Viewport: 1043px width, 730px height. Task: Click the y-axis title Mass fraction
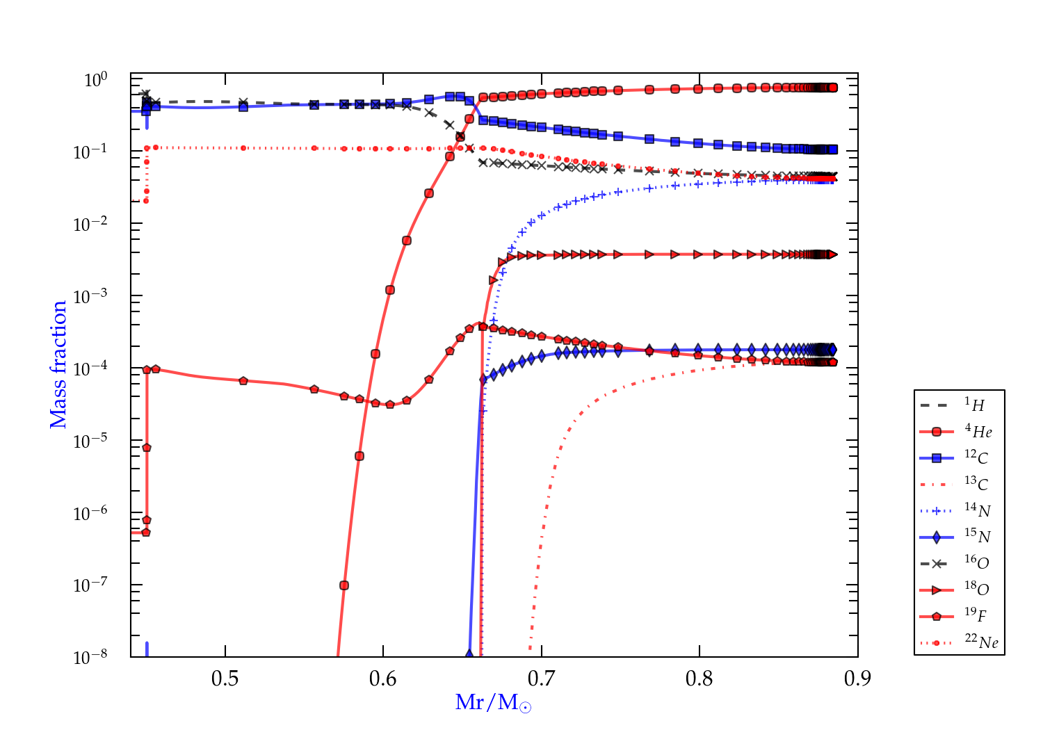58,364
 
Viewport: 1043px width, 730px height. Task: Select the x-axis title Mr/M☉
493,703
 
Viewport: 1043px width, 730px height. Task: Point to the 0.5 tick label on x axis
225,679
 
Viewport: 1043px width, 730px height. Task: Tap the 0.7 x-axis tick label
542,679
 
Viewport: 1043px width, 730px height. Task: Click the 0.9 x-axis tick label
857,679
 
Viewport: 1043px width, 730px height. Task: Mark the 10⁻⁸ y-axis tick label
90,656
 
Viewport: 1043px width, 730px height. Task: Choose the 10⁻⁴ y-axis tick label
90,368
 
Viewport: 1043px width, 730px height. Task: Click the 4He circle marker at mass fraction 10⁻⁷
343,585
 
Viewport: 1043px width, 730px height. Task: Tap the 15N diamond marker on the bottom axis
469,655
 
